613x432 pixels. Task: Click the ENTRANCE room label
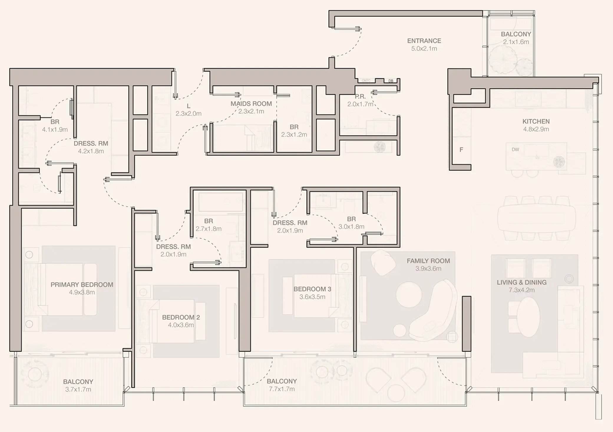pyautogui.click(x=424, y=41)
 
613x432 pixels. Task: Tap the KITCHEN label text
pyautogui.click(x=536, y=121)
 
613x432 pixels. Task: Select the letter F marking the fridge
pyautogui.click(x=461, y=150)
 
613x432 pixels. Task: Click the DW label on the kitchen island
pyautogui.click(x=515, y=149)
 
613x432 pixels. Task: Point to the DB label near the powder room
pyautogui.click(x=391, y=81)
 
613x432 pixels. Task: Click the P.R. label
pyautogui.click(x=360, y=97)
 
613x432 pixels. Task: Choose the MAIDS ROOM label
pyautogui.click(x=251, y=104)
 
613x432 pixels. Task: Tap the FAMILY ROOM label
pyautogui.click(x=428, y=261)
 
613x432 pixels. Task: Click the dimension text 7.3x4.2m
pyautogui.click(x=521, y=290)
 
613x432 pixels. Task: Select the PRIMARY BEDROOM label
pyautogui.click(x=82, y=285)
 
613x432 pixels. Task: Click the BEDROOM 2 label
pyautogui.click(x=181, y=317)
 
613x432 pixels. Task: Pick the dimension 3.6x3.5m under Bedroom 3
pyautogui.click(x=312, y=297)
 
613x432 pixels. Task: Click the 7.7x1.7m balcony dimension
pyautogui.click(x=282, y=389)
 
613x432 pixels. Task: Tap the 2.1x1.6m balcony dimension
pyautogui.click(x=516, y=42)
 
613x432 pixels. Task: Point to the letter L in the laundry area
pyautogui.click(x=189, y=106)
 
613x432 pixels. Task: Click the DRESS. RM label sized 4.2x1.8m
pyautogui.click(x=91, y=143)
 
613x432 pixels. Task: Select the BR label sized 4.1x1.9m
pyautogui.click(x=55, y=122)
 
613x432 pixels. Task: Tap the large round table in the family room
pyautogui.click(x=409, y=294)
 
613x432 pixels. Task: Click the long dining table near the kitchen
pyautogui.click(x=536, y=218)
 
